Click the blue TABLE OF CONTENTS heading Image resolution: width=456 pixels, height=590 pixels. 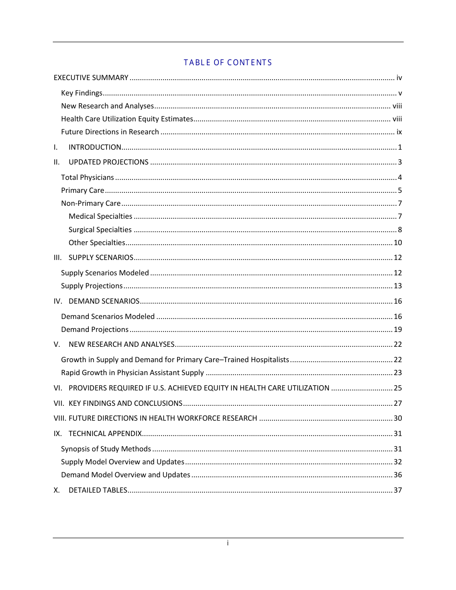[228, 62]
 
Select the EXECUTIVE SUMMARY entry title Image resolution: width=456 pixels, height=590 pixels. [91, 78]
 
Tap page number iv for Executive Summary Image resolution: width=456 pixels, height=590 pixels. [399, 78]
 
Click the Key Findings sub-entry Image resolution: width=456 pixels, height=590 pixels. [82, 93]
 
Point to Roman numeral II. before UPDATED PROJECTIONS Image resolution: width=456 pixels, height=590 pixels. [57, 162]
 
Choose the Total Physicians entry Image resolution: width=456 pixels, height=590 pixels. [87, 177]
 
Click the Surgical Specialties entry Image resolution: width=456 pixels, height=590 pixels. [100, 230]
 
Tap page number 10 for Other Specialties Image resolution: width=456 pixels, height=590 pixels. [397, 243]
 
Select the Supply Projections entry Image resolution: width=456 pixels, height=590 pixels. [92, 286]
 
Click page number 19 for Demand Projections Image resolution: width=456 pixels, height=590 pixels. [397, 330]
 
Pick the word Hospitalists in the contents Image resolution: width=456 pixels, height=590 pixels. [272, 360]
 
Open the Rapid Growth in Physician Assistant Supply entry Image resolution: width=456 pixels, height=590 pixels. [132, 373]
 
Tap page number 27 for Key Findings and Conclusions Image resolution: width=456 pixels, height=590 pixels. [397, 403]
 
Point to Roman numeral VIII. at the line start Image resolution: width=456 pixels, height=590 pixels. [60, 418]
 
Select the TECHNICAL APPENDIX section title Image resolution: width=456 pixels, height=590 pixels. [105, 434]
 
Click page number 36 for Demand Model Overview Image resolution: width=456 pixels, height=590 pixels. [397, 475]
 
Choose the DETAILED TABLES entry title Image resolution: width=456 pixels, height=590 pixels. [98, 490]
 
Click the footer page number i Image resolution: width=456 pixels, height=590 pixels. [228, 543]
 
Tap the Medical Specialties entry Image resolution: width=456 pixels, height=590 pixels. [100, 216]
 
